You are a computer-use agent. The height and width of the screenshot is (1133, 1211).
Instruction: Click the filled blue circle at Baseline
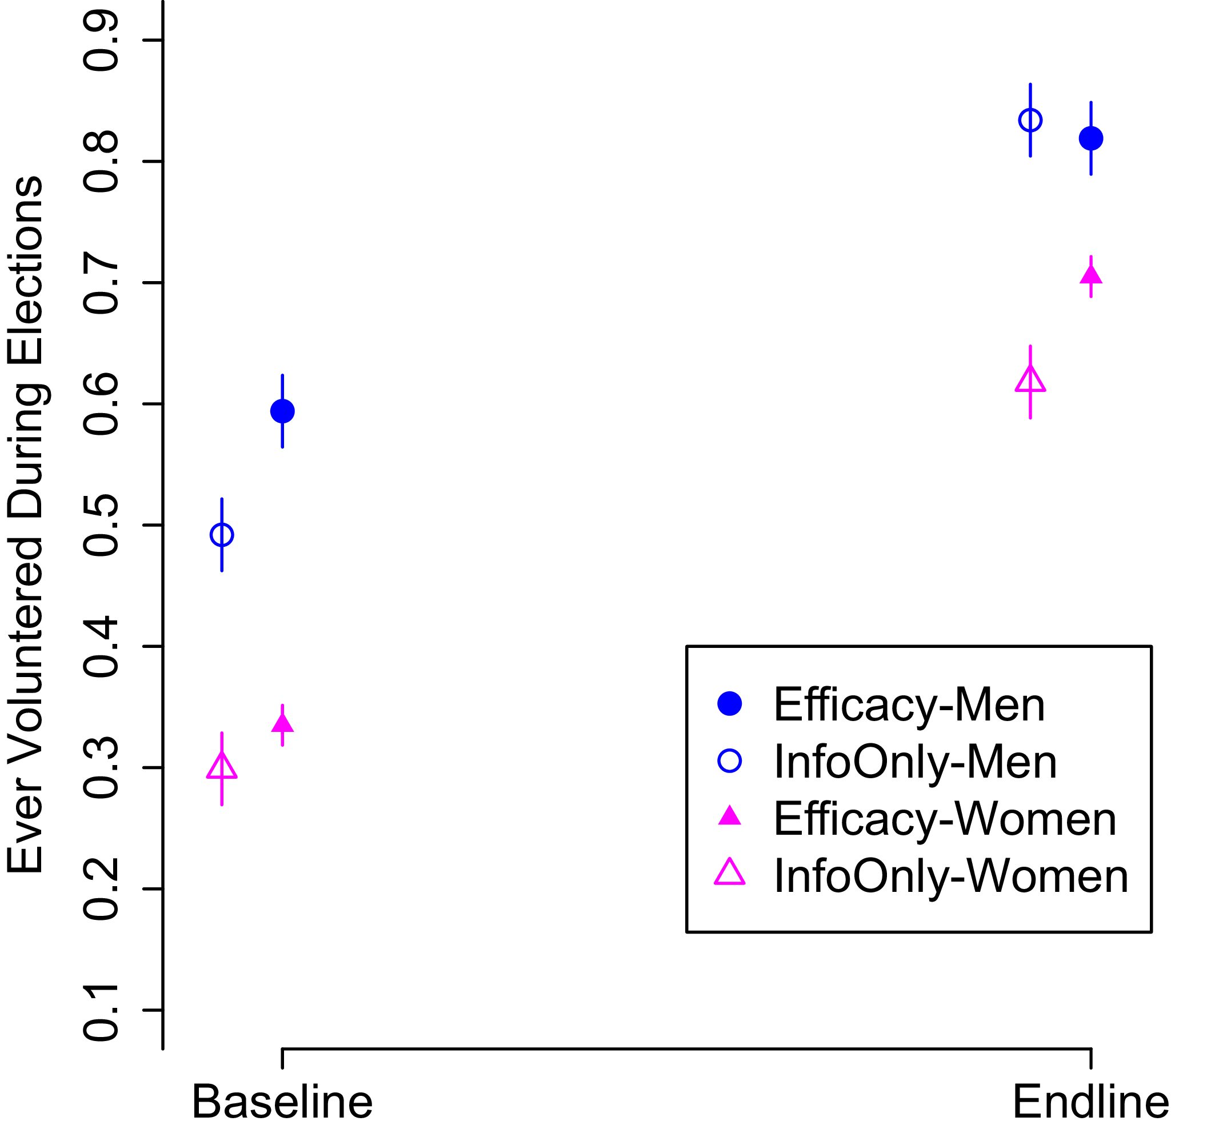pyautogui.click(x=282, y=411)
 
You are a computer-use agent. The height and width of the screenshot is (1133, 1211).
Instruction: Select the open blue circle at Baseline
pyautogui.click(x=222, y=535)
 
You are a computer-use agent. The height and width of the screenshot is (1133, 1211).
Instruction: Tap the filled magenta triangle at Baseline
pyautogui.click(x=282, y=724)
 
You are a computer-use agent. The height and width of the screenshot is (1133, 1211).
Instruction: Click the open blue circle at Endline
pyautogui.click(x=1030, y=120)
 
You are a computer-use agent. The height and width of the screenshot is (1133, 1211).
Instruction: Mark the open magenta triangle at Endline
pyautogui.click(x=1030, y=381)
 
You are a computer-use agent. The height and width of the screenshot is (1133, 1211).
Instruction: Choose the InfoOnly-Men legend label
pyautogui.click(x=915, y=762)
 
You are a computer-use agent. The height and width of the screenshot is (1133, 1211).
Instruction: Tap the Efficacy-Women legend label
pyautogui.click(x=945, y=819)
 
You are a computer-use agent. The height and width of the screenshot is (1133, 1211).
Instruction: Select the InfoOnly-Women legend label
pyautogui.click(x=951, y=876)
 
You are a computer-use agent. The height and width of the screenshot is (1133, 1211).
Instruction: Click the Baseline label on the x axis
pyautogui.click(x=282, y=1103)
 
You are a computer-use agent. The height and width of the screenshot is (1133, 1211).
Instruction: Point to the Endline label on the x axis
pyautogui.click(x=1090, y=1103)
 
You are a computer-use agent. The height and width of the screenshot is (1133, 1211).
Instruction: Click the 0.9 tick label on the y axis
pyautogui.click(x=101, y=41)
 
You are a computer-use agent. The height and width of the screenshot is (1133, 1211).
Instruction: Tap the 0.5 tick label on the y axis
pyautogui.click(x=101, y=525)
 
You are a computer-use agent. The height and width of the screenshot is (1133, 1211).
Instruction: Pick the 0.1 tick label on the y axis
pyautogui.click(x=101, y=1011)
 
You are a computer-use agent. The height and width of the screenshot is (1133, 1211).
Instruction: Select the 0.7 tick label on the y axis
pyautogui.click(x=101, y=283)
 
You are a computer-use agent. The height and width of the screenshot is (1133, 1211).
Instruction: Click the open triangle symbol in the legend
pyautogui.click(x=729, y=872)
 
